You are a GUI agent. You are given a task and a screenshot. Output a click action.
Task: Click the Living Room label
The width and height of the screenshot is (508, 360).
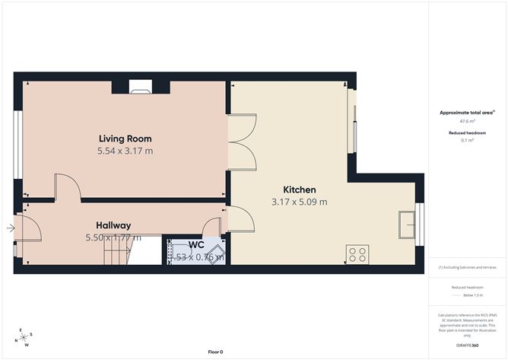(125, 139)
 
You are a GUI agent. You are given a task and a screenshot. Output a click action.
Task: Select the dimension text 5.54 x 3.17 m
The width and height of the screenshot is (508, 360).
(125, 151)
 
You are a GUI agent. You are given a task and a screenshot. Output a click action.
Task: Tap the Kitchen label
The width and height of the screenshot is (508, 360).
(299, 190)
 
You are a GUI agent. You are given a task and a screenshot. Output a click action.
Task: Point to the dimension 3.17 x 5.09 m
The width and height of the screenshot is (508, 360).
(299, 202)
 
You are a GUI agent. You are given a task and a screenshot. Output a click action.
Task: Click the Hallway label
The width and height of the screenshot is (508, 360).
(113, 225)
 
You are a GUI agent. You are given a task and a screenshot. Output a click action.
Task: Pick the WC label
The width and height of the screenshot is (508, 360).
(195, 245)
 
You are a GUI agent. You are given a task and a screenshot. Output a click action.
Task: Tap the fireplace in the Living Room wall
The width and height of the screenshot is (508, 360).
(141, 87)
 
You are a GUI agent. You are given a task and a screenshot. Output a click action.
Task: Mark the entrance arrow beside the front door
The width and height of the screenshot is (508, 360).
(10, 228)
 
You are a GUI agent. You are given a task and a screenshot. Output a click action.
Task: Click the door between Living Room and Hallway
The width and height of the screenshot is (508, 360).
(65, 187)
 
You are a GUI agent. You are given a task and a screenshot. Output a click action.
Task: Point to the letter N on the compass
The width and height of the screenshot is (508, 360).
(17, 340)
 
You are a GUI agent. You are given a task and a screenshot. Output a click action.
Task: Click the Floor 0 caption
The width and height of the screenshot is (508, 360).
(217, 352)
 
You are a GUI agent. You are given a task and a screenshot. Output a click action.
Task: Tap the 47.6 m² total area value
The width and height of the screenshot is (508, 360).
(467, 121)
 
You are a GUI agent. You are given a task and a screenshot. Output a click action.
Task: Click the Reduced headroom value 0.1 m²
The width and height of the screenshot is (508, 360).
(467, 140)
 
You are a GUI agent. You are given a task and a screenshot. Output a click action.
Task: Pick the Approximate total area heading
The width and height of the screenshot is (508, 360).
(467, 113)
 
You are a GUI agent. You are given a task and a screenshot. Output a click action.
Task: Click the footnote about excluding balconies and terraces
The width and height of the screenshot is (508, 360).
(467, 268)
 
